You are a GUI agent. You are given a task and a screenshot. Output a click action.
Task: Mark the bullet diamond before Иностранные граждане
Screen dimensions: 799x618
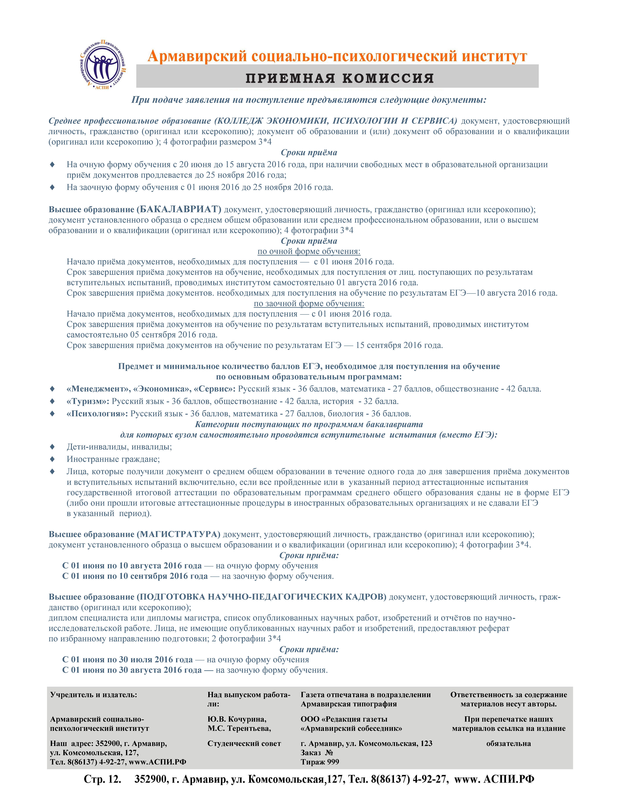point(52,459)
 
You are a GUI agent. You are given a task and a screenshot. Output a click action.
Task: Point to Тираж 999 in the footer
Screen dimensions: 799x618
point(320,762)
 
